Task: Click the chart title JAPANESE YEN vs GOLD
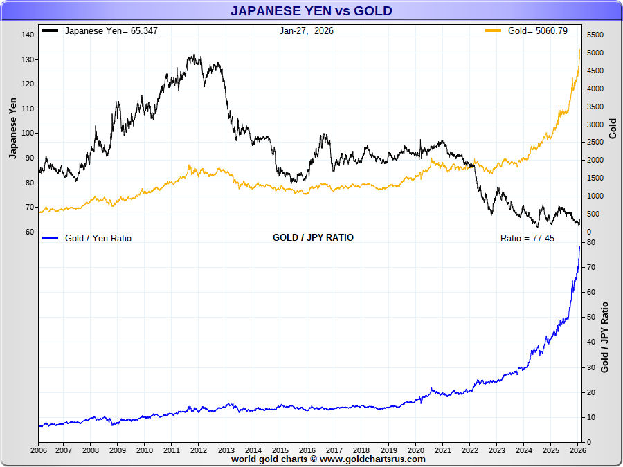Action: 311,10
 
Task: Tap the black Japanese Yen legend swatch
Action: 50,31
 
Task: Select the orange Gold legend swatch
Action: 493,31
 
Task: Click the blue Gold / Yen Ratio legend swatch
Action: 50,238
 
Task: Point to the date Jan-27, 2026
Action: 307,31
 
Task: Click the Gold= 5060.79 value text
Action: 538,31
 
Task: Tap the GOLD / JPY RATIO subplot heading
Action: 313,237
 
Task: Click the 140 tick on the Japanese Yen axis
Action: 28,35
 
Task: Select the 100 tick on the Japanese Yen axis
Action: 28,134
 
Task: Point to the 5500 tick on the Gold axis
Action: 595,35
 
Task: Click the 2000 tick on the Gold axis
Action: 595,161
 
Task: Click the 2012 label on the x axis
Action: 199,450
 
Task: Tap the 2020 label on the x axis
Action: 415,450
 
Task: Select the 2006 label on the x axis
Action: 39,450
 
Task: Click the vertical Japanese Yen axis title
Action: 12,128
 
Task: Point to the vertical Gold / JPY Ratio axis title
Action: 605,338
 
